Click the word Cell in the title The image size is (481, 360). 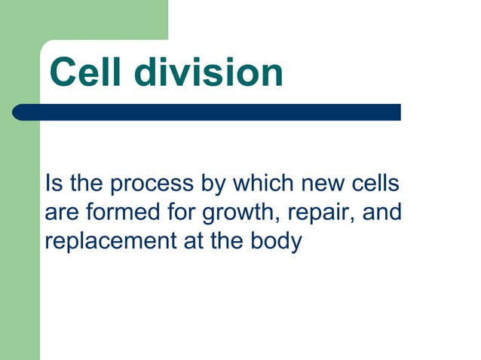(x=88, y=73)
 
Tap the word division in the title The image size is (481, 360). (x=210, y=73)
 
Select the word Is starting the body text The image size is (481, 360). (x=53, y=185)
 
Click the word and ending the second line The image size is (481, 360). (x=382, y=214)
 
